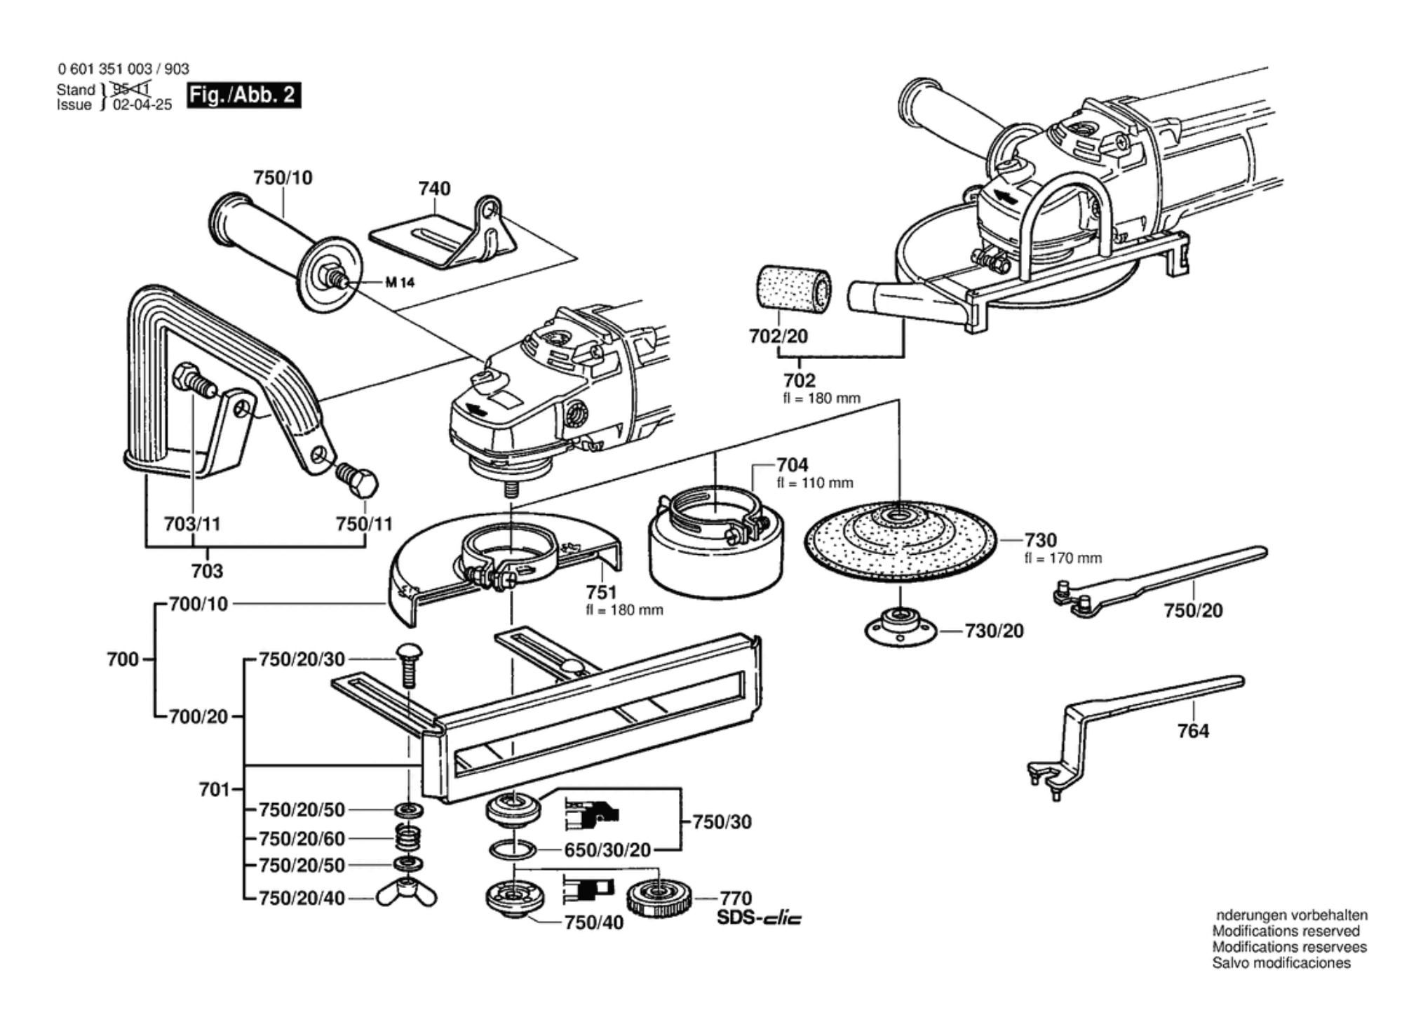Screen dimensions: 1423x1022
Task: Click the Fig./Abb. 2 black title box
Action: (x=244, y=95)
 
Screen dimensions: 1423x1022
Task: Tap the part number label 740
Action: (x=434, y=189)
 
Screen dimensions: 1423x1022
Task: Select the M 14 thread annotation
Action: (x=400, y=283)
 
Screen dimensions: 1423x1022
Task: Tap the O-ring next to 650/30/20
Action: (x=513, y=850)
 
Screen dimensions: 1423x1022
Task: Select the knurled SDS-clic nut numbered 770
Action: (x=659, y=898)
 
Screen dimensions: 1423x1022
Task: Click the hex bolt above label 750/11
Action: (x=357, y=479)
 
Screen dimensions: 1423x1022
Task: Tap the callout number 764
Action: (x=1193, y=731)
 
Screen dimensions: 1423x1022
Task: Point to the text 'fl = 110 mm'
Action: (x=815, y=483)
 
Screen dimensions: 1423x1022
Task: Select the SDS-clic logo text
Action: (x=759, y=917)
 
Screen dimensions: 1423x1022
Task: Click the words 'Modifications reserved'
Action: (x=1286, y=931)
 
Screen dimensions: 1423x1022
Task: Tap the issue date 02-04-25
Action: (x=142, y=105)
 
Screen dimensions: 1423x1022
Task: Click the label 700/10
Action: (x=199, y=604)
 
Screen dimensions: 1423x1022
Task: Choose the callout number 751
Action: (x=601, y=592)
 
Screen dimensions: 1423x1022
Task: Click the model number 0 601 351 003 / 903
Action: (x=123, y=69)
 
